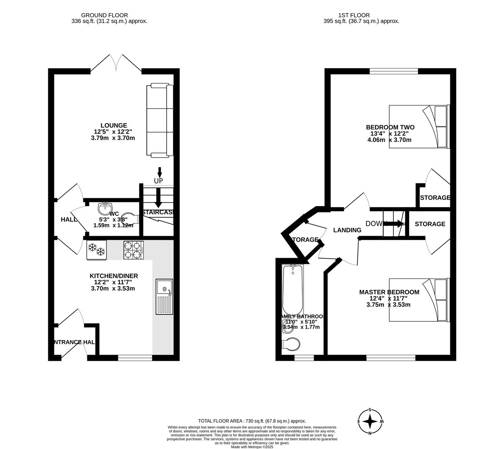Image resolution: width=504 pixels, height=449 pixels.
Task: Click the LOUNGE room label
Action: coord(114,126)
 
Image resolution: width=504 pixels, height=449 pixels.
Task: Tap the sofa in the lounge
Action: coord(160,121)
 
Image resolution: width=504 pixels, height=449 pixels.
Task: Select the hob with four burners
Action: coord(133,250)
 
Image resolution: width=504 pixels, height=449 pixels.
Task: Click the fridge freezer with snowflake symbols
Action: coord(96,250)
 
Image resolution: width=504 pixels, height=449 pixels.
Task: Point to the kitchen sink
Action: coord(164,297)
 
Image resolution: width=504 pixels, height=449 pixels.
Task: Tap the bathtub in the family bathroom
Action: coord(292,290)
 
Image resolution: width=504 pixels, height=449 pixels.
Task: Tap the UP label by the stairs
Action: coord(158,181)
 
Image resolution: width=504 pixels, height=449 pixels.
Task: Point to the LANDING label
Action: coord(347,230)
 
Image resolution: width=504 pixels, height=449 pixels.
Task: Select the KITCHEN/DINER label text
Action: coord(114,276)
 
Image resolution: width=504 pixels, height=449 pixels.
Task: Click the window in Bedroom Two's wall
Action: coord(394,71)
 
